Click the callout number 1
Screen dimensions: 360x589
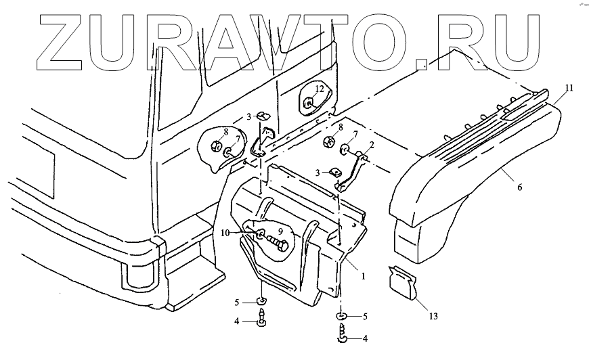(x=364, y=276)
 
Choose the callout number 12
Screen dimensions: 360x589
(x=319, y=89)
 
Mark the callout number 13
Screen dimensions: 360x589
(x=432, y=315)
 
